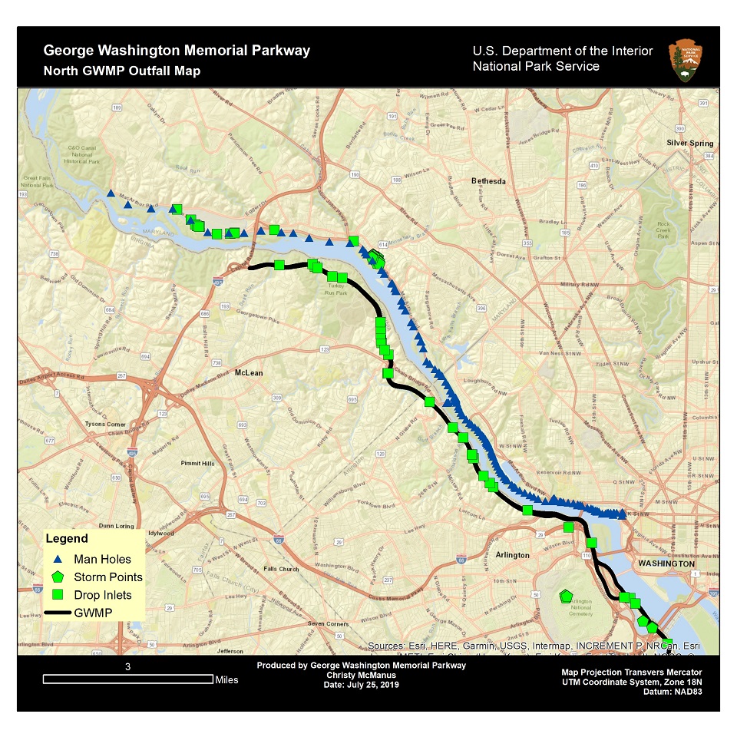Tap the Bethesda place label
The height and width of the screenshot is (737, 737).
tap(488, 181)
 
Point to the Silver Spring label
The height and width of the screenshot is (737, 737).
tap(689, 144)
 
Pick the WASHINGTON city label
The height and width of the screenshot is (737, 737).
tap(665, 563)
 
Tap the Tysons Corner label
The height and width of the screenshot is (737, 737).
tap(106, 424)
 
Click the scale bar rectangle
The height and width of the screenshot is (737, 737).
tap(128, 679)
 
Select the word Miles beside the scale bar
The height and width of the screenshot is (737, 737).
tap(226, 679)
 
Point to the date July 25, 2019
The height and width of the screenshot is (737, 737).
tap(362, 684)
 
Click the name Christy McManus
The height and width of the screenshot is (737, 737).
tap(361, 675)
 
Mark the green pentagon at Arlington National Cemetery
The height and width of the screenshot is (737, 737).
tap(566, 596)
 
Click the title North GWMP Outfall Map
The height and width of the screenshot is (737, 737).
tap(122, 71)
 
